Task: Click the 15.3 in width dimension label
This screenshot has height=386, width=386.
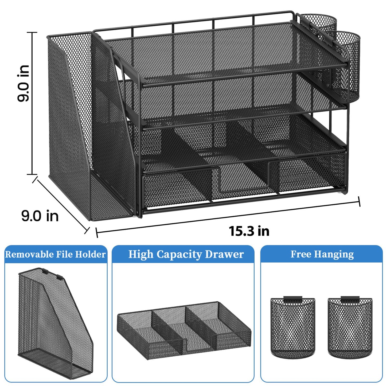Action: [x=249, y=231]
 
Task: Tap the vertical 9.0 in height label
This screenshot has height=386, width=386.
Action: [x=23, y=83]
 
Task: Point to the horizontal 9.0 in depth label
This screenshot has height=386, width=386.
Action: [x=40, y=216]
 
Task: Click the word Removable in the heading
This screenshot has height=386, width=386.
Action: [x=25, y=254]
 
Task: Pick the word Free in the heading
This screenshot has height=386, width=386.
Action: [x=300, y=254]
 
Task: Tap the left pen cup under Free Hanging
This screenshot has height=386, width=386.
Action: [x=293, y=327]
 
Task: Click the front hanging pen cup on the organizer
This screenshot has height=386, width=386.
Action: [x=345, y=67]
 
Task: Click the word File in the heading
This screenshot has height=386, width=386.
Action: [x=64, y=254]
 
